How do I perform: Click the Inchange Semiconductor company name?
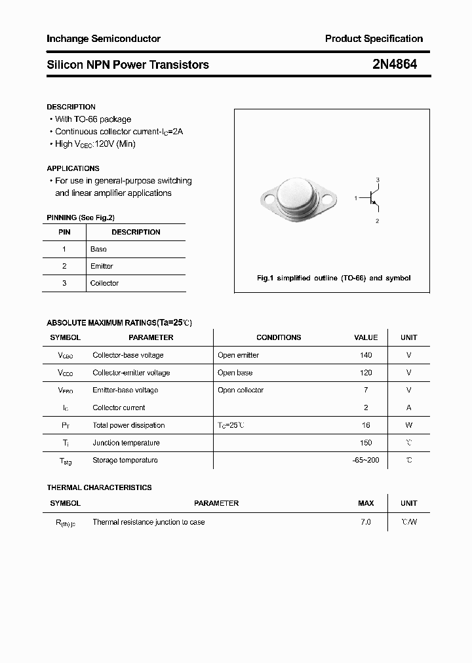coord(104,39)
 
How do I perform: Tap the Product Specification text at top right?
coord(374,39)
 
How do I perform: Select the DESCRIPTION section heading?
coord(71,107)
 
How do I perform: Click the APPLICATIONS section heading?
coord(73,168)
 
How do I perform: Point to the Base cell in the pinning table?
coord(98,249)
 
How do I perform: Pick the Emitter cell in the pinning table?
coord(102,266)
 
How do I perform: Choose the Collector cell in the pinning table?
coord(104,283)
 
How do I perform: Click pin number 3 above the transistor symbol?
coord(378,180)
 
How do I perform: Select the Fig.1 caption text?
coord(333,278)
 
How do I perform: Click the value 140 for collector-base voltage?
coord(366,355)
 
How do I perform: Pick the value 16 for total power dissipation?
coord(366,425)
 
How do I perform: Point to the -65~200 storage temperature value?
coord(366,460)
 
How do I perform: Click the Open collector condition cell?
coord(241,390)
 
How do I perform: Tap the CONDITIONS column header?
coord(279,337)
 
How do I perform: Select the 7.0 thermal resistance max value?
coord(366,522)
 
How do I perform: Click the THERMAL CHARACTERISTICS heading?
coord(99,487)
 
